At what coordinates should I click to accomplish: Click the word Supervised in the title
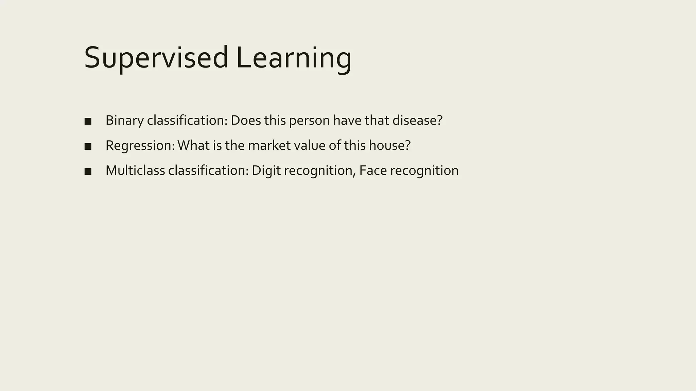click(156, 58)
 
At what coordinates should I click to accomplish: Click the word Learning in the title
click(294, 58)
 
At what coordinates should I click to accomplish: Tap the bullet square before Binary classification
click(88, 122)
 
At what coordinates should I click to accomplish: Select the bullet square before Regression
click(88, 146)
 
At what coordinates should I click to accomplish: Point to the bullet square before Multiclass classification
click(88, 171)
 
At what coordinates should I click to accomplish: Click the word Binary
click(124, 120)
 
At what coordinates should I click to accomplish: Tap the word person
click(309, 120)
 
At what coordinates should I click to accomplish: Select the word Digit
click(266, 170)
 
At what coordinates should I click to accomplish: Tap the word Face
click(373, 170)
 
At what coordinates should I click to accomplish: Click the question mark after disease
click(439, 120)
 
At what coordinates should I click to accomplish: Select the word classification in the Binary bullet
click(187, 120)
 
